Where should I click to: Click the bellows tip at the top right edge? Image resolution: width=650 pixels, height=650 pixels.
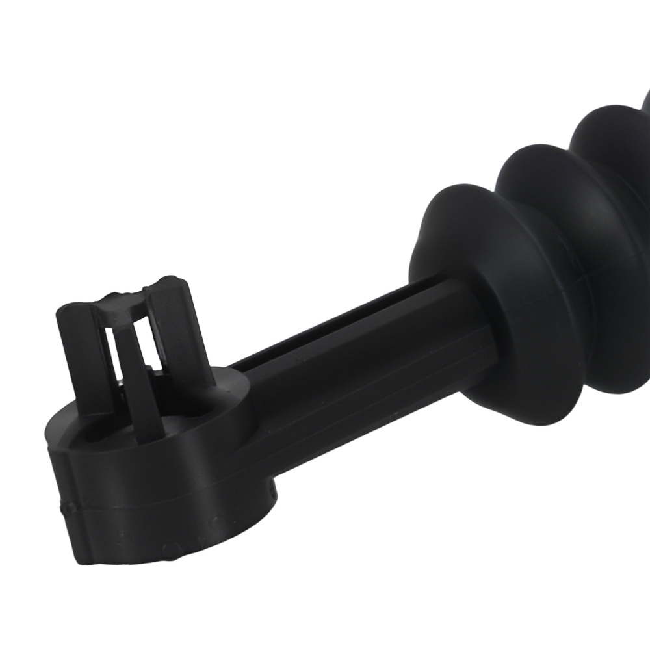(x=645, y=104)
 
